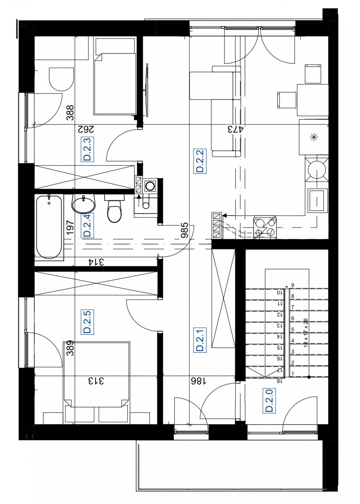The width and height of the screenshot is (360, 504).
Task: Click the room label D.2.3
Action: coord(87,149)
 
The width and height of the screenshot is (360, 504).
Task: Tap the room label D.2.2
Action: coord(200,161)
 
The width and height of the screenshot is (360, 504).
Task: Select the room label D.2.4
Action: coord(87,225)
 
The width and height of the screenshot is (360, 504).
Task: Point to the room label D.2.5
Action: coord(87,322)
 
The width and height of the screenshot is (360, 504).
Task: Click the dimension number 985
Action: coord(184,230)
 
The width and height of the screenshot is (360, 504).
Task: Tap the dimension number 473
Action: coord(235,130)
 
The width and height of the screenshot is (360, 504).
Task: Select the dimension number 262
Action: coord(86,130)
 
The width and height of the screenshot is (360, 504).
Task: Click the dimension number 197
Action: coord(70,228)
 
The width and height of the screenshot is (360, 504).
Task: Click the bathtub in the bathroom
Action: coord(49,227)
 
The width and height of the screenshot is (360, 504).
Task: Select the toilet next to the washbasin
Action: coord(114,208)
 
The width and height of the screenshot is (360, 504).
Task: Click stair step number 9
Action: coord(292,285)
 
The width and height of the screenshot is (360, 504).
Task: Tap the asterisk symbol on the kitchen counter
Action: coord(314,137)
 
